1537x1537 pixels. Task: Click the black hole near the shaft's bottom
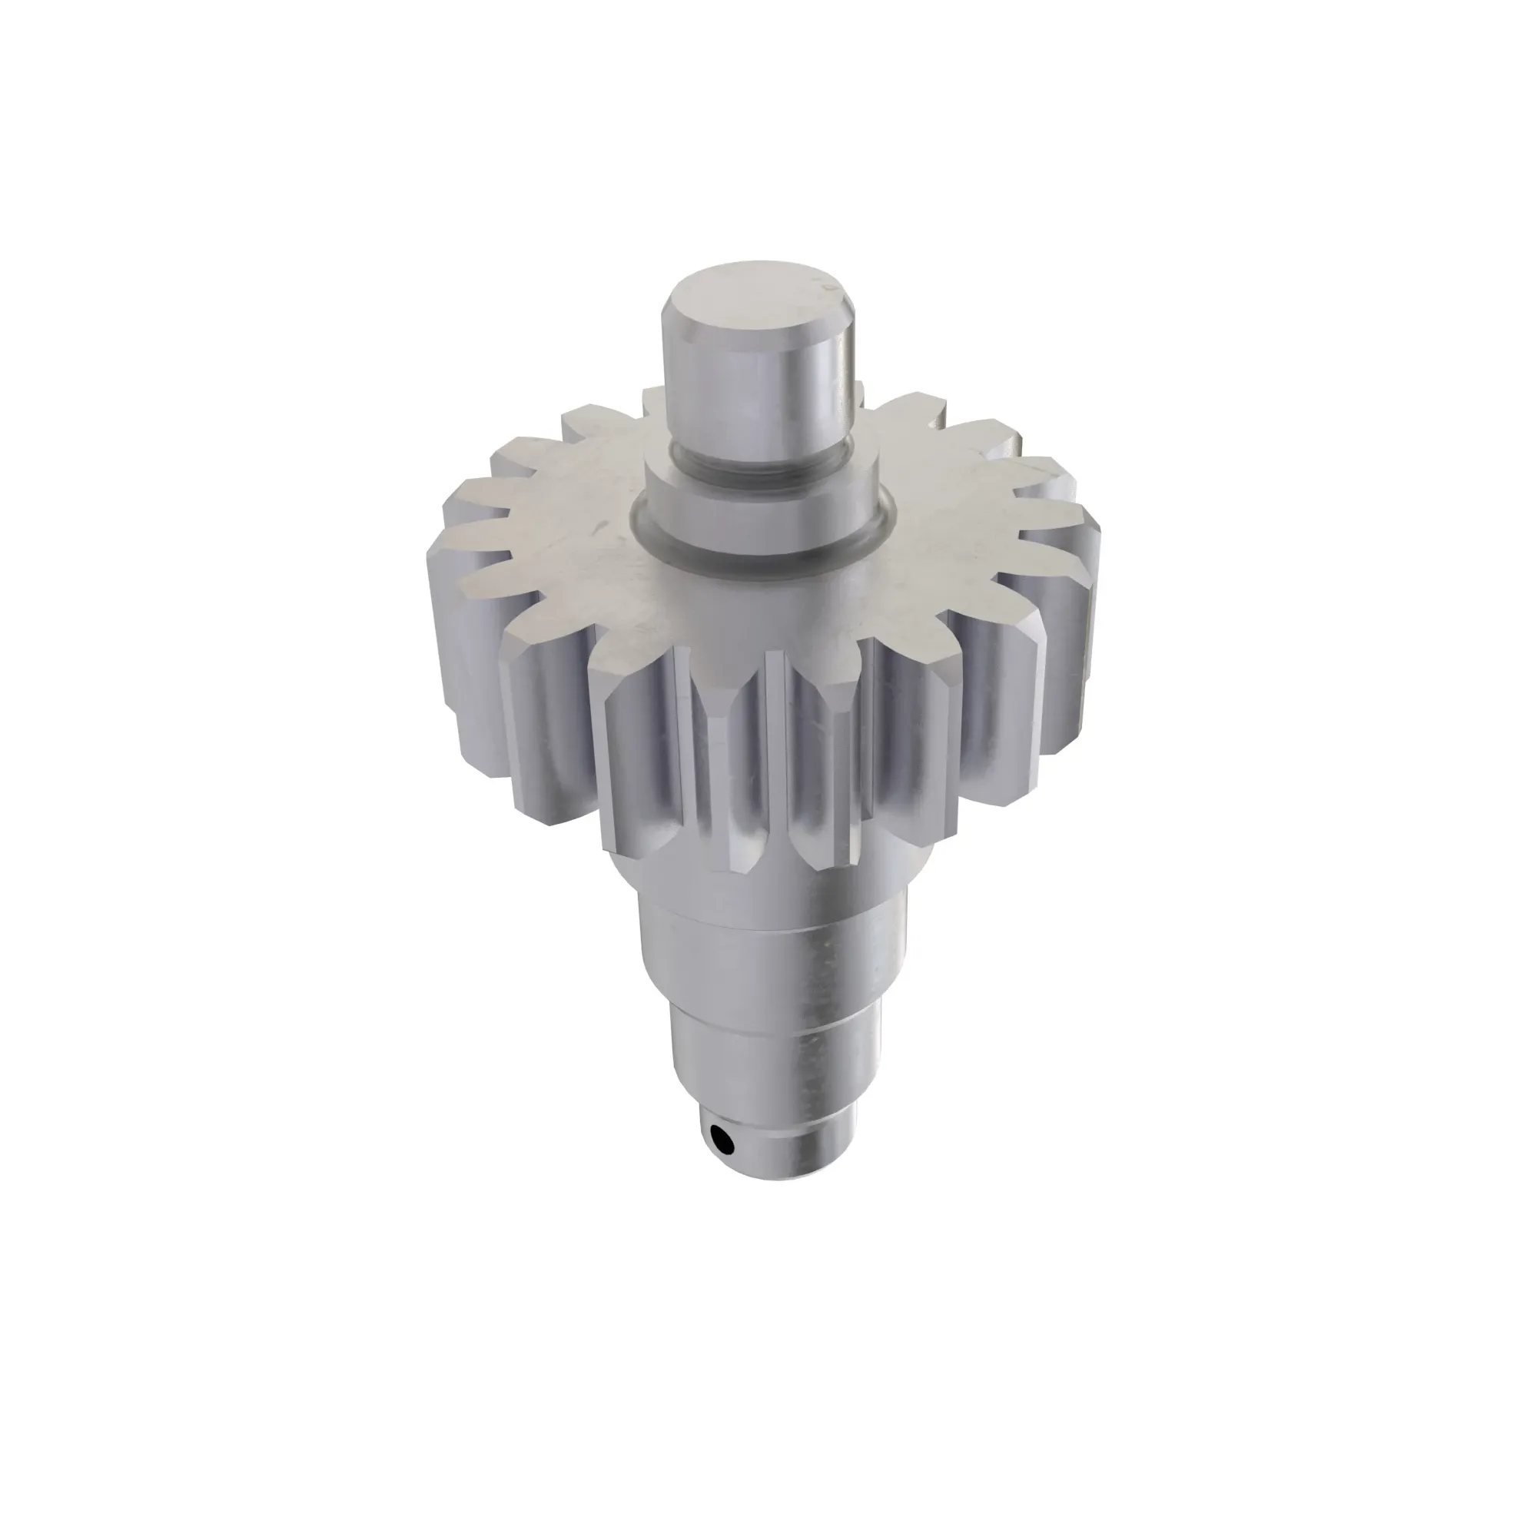(722, 1143)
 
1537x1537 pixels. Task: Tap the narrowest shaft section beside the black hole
(788, 1146)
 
